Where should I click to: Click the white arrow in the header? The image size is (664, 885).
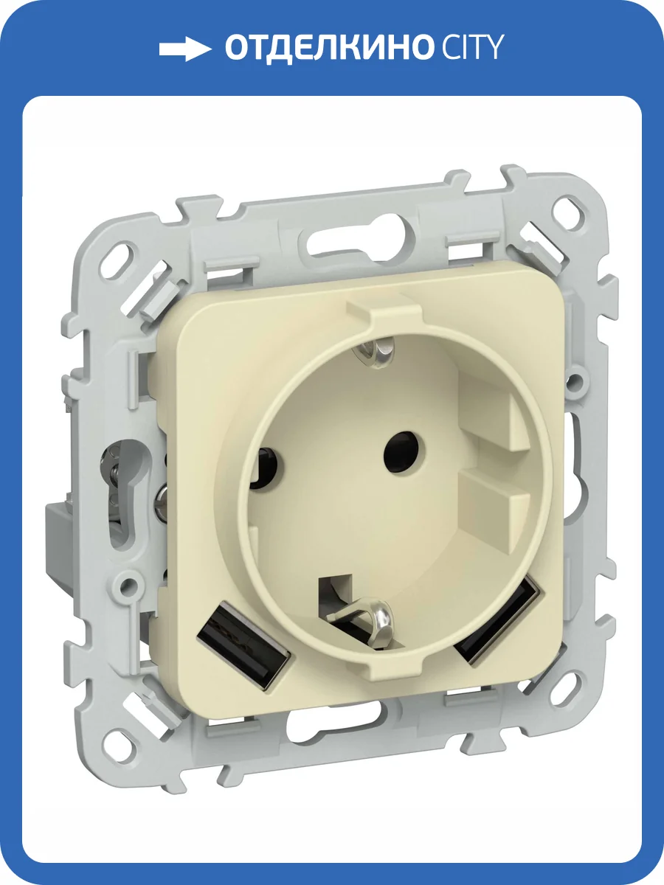coord(185,49)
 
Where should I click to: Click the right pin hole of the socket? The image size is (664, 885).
coord(400,445)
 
